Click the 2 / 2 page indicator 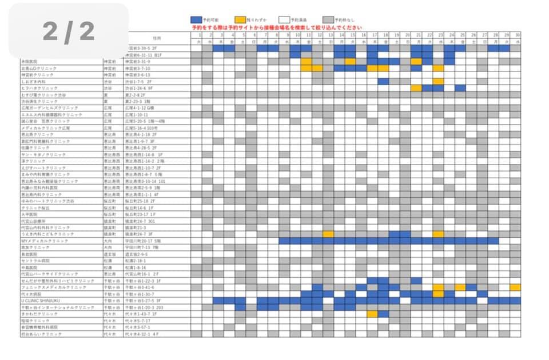[x=69, y=32]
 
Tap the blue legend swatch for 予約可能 [x=196, y=19]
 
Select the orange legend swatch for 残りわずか [x=240, y=19]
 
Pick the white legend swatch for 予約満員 [x=284, y=19]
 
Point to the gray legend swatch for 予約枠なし [x=328, y=19]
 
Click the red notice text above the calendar [x=277, y=27]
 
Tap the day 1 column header [x=196, y=35]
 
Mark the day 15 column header [x=351, y=35]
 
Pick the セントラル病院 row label [x=34, y=261]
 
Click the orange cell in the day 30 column [x=515, y=287]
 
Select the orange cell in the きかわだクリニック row [x=372, y=314]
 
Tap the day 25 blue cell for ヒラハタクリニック [x=460, y=89]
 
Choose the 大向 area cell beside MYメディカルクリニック [x=108, y=241]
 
